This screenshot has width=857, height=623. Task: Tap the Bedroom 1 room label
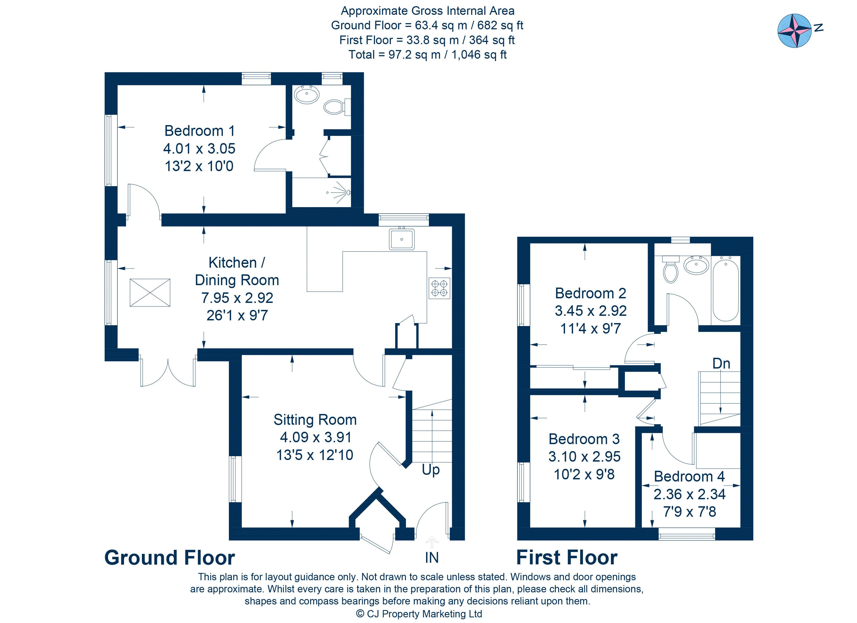click(x=200, y=131)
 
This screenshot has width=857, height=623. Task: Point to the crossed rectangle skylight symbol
click(x=150, y=293)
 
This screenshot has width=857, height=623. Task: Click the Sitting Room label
click(x=315, y=420)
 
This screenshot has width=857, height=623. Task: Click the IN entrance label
click(x=432, y=558)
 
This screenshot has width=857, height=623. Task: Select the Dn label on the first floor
click(x=721, y=363)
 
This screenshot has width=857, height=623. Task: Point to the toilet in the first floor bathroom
click(x=671, y=269)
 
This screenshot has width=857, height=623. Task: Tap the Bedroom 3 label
click(x=584, y=439)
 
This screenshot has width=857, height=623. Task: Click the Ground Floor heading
click(x=170, y=558)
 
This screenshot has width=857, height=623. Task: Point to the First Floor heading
click(x=567, y=558)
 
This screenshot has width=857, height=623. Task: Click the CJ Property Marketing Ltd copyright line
click(x=419, y=614)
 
